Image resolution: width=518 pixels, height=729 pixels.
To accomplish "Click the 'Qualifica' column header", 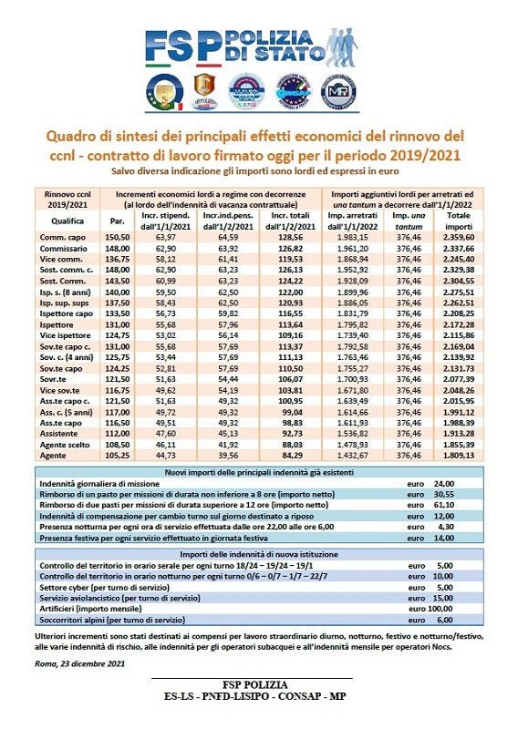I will point(61,220).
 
